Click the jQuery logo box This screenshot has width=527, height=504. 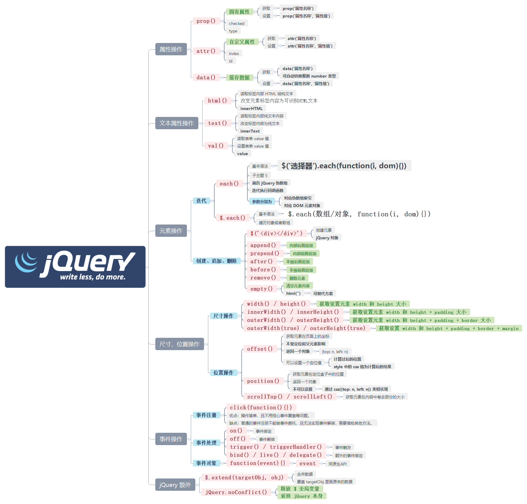click(75, 267)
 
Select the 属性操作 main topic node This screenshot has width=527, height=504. click(171, 49)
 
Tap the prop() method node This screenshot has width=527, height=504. click(206, 21)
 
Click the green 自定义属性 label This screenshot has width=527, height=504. click(242, 42)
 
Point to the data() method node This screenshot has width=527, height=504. click(206, 78)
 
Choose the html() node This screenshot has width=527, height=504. click(217, 101)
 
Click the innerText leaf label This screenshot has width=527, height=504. click(250, 131)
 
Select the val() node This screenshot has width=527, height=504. click(216, 146)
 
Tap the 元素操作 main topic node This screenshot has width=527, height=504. click(171, 231)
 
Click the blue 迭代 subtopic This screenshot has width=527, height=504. click(201, 201)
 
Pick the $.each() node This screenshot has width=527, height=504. click(232, 218)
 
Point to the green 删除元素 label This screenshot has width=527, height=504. click(297, 278)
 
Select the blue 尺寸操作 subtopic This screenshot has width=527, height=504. click(223, 316)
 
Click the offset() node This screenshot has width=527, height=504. click(260, 349)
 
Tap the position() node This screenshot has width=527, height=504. click(263, 381)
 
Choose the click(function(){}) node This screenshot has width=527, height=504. click(261, 408)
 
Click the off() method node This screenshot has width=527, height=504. click(237, 439)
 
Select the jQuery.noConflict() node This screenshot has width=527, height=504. click(236, 492)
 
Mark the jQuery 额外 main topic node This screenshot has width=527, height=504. click(175, 485)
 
